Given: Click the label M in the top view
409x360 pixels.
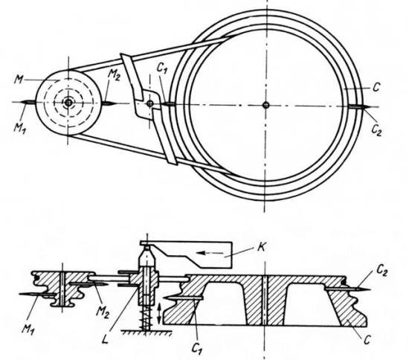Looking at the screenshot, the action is click(19, 79).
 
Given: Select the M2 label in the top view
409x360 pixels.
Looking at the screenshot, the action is click(114, 75).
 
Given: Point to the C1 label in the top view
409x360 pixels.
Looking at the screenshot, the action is click(161, 68).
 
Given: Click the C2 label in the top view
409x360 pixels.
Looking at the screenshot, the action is click(376, 129).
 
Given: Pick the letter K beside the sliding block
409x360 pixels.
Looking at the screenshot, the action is click(261, 247).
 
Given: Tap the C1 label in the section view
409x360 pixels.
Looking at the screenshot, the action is click(197, 347).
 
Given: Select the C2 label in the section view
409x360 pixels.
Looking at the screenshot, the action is click(381, 271).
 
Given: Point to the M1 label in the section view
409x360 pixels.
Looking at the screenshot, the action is click(28, 330).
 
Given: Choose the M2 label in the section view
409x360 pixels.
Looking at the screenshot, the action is click(103, 312).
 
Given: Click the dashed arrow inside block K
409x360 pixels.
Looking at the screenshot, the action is click(210, 253).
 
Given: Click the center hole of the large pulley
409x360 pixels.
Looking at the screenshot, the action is click(265, 105).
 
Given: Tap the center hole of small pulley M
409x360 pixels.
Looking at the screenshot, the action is click(68, 103).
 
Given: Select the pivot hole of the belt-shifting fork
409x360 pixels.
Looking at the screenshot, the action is click(149, 103).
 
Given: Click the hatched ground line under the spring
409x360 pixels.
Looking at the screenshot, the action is click(146, 332).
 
